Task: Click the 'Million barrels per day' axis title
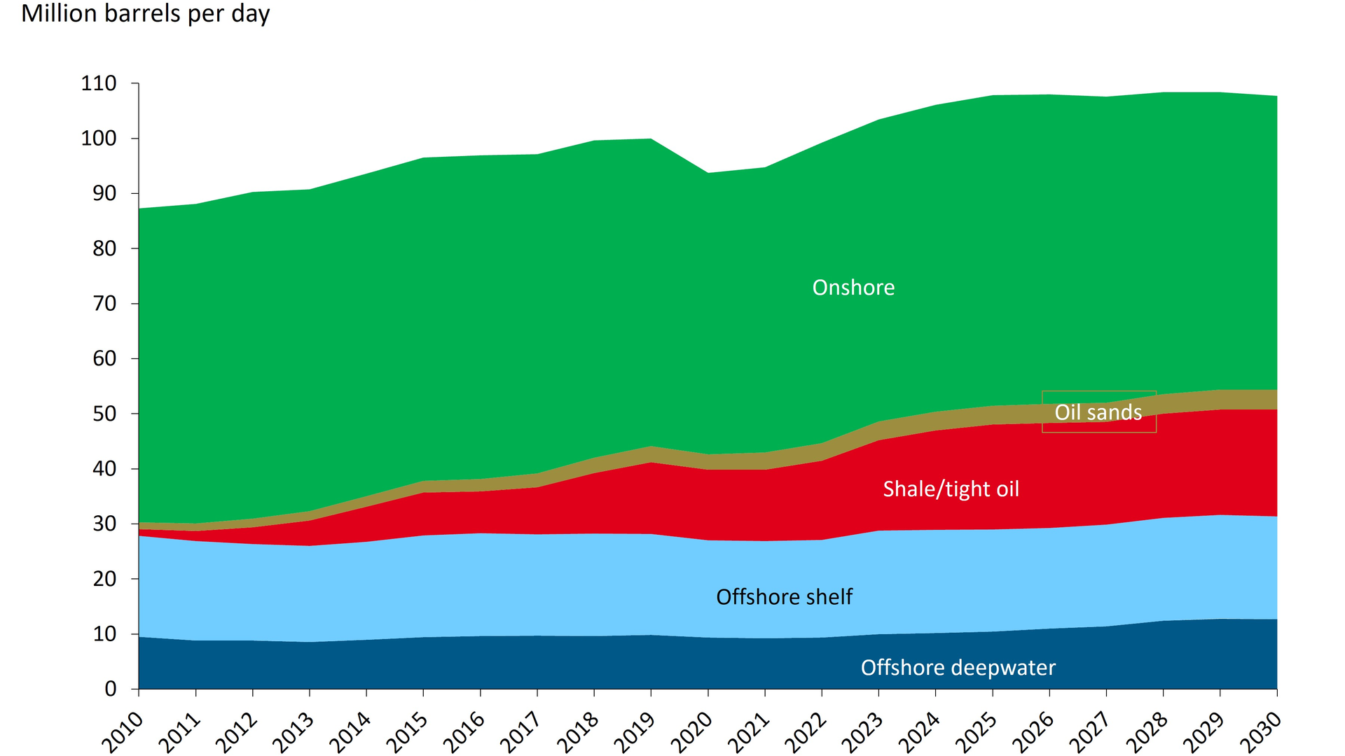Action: point(145,13)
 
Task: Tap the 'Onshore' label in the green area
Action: point(853,288)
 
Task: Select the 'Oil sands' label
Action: point(1098,412)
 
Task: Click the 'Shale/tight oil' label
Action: point(951,489)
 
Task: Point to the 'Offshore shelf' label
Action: point(784,597)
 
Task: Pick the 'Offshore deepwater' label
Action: point(958,668)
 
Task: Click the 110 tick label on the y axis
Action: point(99,84)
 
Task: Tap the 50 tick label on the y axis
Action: point(104,414)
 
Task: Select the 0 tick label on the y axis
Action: point(111,689)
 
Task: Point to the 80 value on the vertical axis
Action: point(104,248)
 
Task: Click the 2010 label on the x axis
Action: point(123,732)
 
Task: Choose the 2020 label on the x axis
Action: point(693,732)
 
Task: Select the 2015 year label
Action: point(408,732)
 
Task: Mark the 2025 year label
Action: point(977,732)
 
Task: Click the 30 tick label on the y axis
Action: point(104,524)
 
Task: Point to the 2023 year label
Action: point(864,732)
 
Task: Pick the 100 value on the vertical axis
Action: point(99,139)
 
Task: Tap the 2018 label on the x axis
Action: point(579,732)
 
